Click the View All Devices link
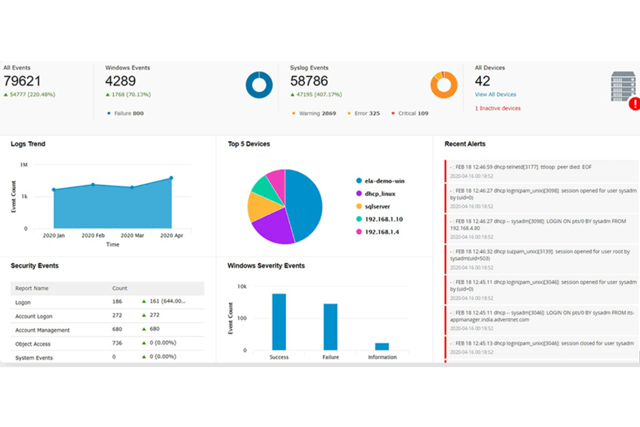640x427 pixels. (495, 94)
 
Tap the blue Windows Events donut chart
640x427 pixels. (259, 85)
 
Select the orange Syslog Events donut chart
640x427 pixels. (444, 85)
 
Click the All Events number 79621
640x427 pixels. (22, 81)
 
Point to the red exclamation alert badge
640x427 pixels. (635, 104)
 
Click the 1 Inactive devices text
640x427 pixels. (498, 108)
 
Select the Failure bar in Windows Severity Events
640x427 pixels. (330, 327)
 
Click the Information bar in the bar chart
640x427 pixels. (382, 347)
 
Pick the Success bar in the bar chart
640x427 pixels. (279, 321)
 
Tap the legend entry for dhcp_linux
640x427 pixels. (379, 194)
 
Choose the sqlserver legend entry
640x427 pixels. (377, 206)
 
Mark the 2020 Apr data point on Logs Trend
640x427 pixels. (171, 178)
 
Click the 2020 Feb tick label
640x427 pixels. (93, 235)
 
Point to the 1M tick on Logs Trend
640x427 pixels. (24, 165)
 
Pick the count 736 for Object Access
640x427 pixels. (117, 343)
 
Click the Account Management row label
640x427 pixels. (42, 330)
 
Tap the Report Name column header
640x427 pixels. (32, 288)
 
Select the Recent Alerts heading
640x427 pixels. (465, 144)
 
